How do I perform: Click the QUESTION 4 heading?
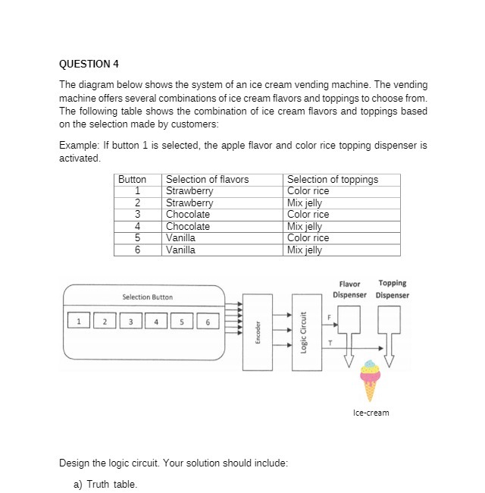[x=89, y=63]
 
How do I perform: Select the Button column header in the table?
[x=132, y=180]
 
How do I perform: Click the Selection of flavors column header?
[x=207, y=180]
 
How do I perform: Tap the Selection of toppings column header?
[x=333, y=180]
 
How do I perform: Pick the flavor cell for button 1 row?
[x=189, y=191]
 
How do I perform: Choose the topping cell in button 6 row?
[x=305, y=250]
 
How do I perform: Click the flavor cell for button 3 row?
[x=188, y=215]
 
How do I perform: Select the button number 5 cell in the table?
[x=138, y=238]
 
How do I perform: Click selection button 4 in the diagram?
[x=155, y=322]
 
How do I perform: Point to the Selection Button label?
[x=147, y=297]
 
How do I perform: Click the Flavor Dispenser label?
[x=349, y=289]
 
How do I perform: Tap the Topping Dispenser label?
[x=392, y=289]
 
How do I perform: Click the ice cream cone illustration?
[x=370, y=379]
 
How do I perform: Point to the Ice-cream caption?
[x=371, y=413]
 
